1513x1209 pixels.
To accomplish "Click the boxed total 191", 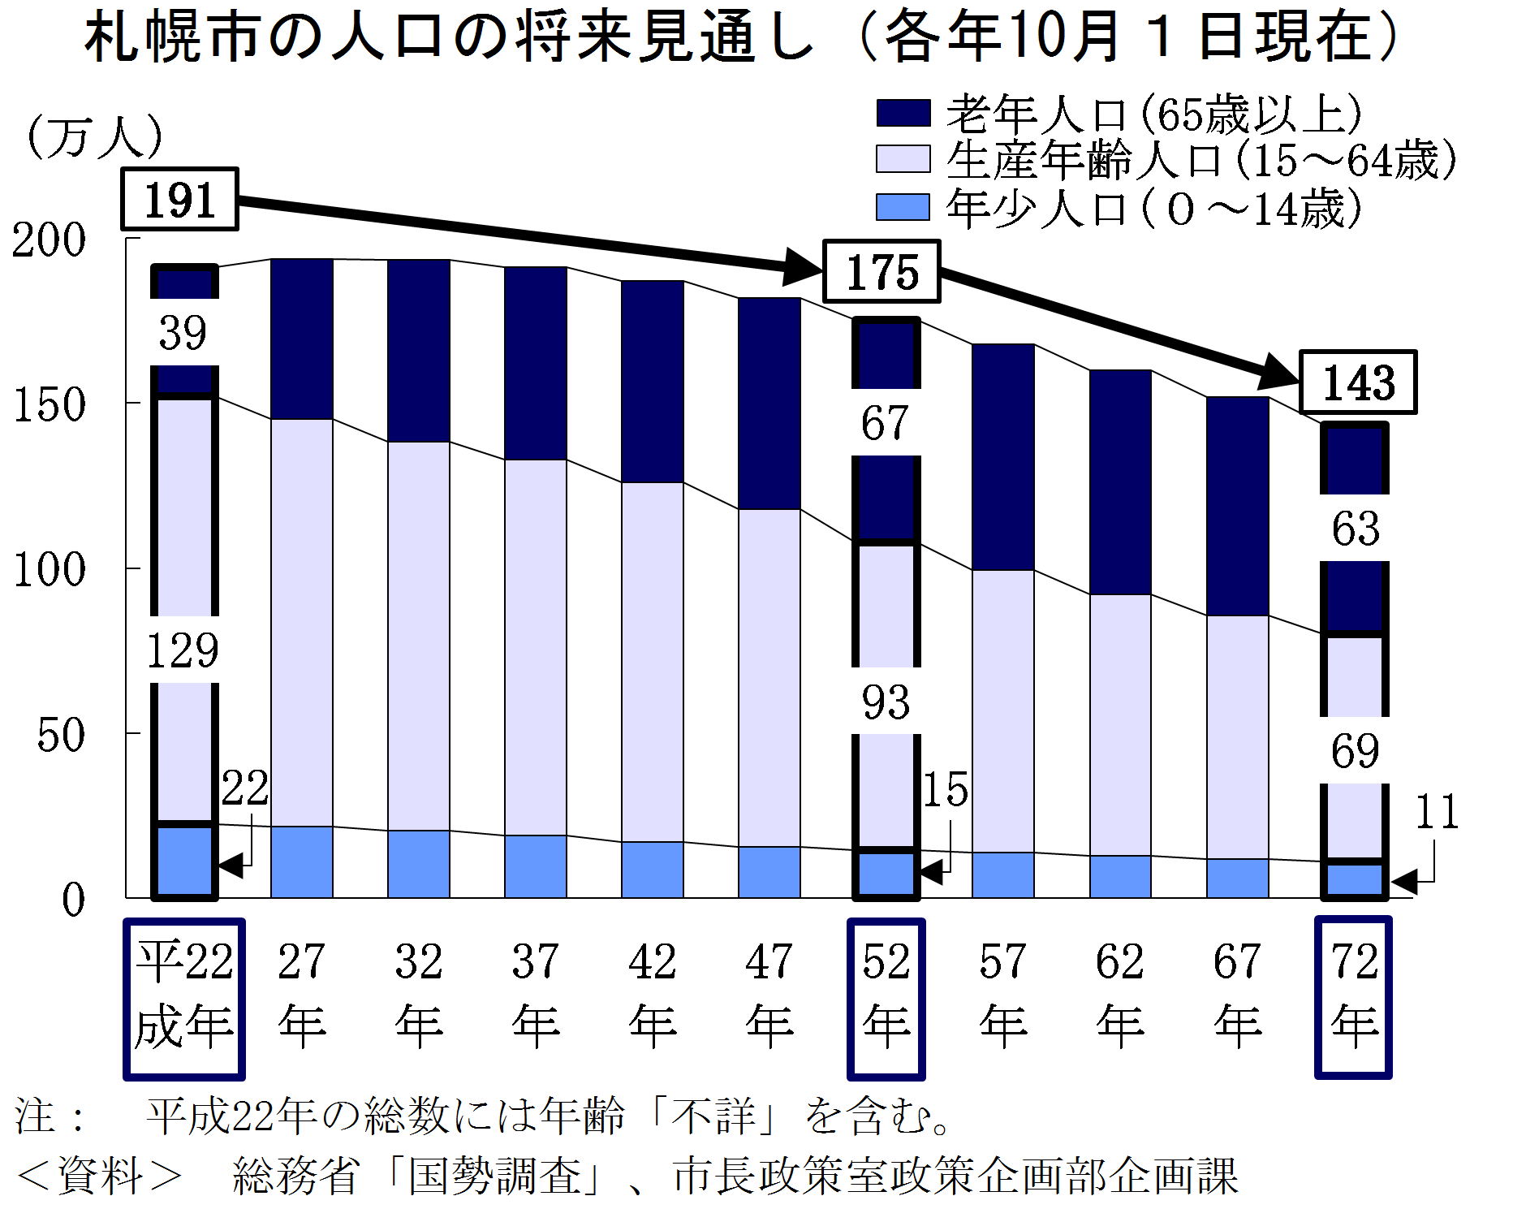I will pos(179,200).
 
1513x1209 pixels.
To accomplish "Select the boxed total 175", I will pos(882,272).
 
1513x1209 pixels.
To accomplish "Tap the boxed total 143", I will pos(1358,382).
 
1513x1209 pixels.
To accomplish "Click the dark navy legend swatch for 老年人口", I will pos(903,113).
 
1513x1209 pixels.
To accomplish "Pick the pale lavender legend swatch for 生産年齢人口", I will pos(903,159).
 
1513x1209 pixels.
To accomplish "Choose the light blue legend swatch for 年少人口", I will pos(903,206).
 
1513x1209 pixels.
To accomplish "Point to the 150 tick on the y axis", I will pos(50,404).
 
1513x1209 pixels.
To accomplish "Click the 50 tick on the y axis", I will pos(61,736).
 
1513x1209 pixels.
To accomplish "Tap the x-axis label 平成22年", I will pos(184,995).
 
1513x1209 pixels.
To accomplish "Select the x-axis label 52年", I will pos(886,995).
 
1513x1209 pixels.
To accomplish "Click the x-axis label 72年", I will pos(1354,995).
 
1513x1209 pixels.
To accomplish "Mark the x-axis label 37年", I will pos(536,995).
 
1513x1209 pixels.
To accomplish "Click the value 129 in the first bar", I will pos(183,650).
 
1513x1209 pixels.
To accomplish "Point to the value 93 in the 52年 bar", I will pos(886,702).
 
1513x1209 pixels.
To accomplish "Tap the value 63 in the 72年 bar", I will pos(1356,529).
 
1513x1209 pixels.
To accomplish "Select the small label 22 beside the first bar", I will pos(245,788).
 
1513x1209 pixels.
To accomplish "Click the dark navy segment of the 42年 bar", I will pos(653,382).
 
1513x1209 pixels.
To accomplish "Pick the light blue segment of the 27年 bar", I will pos(302,862).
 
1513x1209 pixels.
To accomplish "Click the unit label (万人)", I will pos(95,136).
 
